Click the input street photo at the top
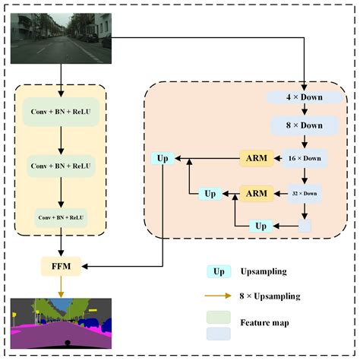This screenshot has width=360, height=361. point(62,38)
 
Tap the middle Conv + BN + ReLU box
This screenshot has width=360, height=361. point(61,165)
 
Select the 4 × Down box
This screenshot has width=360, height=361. point(304,98)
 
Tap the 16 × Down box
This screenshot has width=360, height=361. point(304,158)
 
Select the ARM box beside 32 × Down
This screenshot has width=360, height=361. point(255,193)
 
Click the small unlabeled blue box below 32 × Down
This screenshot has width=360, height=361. point(304,226)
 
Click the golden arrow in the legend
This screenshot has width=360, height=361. point(217,295)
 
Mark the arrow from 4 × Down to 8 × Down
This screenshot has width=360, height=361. point(304,110)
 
